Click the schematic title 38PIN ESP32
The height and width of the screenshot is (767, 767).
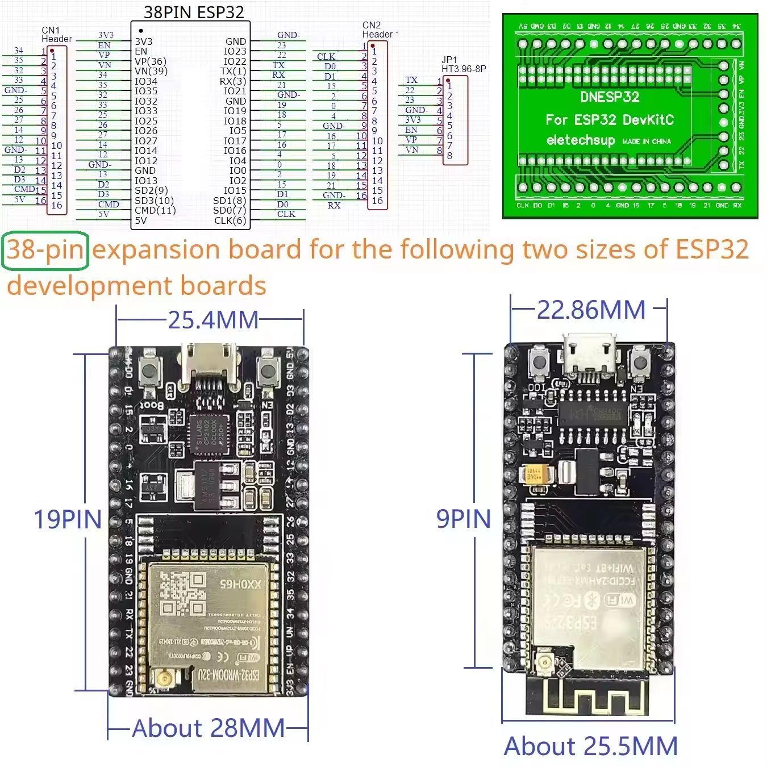click(x=194, y=12)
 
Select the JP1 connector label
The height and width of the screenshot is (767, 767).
click(x=449, y=60)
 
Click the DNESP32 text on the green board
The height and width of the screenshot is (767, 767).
click(x=609, y=97)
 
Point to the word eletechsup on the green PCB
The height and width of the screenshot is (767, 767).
click(x=581, y=140)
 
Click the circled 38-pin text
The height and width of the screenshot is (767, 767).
click(x=45, y=250)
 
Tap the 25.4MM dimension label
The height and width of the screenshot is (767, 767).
click(x=213, y=320)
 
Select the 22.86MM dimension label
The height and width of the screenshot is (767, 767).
click(x=591, y=310)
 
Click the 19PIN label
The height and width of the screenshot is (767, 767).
click(x=68, y=519)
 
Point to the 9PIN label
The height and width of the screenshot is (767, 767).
click(x=463, y=519)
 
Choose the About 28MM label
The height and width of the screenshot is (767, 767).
click(x=209, y=728)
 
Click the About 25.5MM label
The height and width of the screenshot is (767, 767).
click(x=591, y=746)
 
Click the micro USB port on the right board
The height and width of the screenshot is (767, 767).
click(x=589, y=355)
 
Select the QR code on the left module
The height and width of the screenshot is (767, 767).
click(x=182, y=594)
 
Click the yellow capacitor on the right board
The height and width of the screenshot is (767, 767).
click(x=539, y=475)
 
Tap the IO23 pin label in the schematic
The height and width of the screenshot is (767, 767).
click(x=235, y=51)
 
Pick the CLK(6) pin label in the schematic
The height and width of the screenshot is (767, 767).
click(x=230, y=220)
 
